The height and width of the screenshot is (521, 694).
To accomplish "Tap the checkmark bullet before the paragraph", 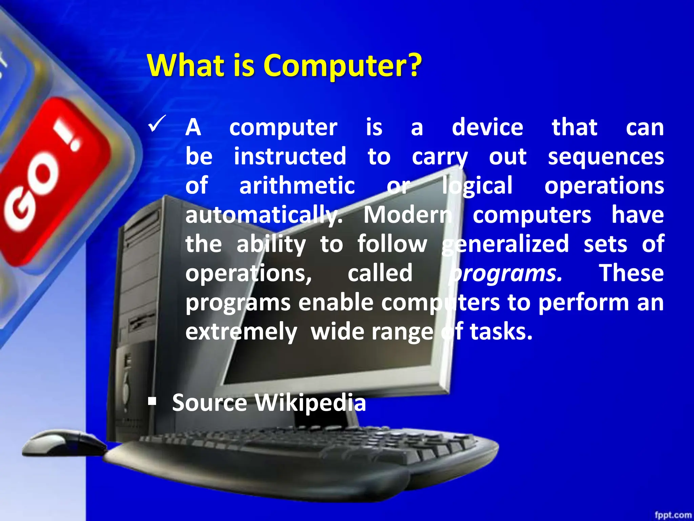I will pos(157,124).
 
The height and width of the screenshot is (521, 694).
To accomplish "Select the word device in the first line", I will pos(487,128).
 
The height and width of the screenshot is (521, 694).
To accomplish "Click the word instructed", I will pos(290,157).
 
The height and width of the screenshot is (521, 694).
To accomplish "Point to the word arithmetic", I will pos(297,186).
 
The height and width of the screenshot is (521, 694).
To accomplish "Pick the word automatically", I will pos(264,215).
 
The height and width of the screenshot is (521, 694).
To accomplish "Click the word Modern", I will pos(408,215).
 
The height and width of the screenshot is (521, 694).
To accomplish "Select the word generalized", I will pos(505,244).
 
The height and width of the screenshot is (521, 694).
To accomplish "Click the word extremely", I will pos(241,332).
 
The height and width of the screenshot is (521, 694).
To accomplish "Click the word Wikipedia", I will pos(310,403).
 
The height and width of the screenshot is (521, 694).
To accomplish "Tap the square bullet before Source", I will pos(152,402).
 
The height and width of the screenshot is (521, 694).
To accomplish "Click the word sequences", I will pos(606,157).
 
